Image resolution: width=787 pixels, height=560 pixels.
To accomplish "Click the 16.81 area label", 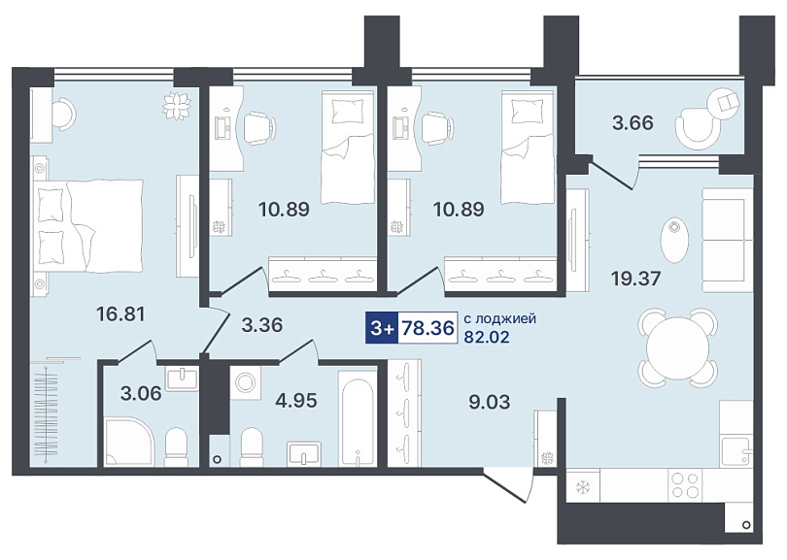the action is click(x=120, y=314).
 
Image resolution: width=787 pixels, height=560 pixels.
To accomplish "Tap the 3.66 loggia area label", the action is click(x=633, y=123).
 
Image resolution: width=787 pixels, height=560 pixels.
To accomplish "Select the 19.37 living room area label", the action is click(x=636, y=279).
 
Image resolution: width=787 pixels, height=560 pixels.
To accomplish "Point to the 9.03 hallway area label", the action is click(x=490, y=402).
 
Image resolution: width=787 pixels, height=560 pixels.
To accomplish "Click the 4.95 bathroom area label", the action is click(x=296, y=401).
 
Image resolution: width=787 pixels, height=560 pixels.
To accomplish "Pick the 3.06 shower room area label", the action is click(x=141, y=394).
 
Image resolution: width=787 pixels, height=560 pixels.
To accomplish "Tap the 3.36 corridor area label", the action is click(x=262, y=325).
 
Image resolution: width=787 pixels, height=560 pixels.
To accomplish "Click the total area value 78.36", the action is click(x=428, y=328).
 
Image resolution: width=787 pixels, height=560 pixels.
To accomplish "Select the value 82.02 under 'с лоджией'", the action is click(x=487, y=337).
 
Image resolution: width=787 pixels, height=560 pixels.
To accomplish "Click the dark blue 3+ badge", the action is click(x=382, y=328).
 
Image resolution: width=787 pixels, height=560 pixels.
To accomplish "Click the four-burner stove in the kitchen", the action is click(x=686, y=485).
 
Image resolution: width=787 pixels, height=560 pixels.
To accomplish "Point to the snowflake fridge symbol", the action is click(x=583, y=486).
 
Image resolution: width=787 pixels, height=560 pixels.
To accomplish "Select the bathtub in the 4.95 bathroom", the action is click(x=358, y=417).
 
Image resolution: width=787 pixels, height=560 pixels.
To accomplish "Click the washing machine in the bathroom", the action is click(x=246, y=383).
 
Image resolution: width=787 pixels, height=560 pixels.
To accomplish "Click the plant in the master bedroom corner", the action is click(x=178, y=106).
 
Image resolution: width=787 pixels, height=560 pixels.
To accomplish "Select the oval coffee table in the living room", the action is click(x=674, y=241).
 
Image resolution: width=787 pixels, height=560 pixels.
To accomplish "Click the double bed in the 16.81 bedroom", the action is click(x=88, y=226).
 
